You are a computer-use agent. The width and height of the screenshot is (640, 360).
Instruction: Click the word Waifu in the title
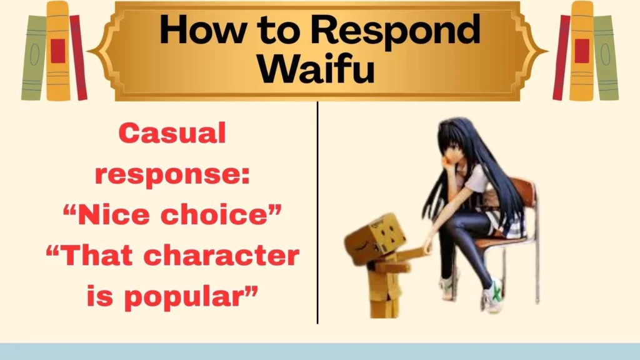point(319,69)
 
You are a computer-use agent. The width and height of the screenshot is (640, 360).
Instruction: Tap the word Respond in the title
point(395,30)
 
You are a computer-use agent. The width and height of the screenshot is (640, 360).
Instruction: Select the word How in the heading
point(201,30)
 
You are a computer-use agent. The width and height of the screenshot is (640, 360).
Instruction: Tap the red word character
point(214,256)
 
